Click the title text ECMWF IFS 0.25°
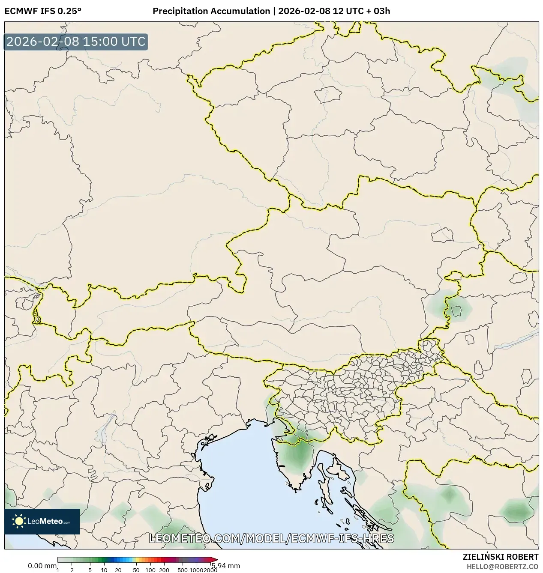43,11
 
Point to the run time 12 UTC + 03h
361,11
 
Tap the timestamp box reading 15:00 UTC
76,42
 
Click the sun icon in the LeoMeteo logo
19,521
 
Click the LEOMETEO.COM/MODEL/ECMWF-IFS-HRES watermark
271,538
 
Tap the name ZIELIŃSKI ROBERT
501,557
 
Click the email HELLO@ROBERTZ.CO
502,566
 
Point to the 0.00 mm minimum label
42,566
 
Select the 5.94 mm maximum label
226,566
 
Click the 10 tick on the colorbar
104,570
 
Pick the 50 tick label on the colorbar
136,570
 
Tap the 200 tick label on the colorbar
164,570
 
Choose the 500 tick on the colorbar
183,570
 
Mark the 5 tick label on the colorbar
90,570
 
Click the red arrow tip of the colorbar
215,559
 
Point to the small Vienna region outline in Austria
442,235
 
